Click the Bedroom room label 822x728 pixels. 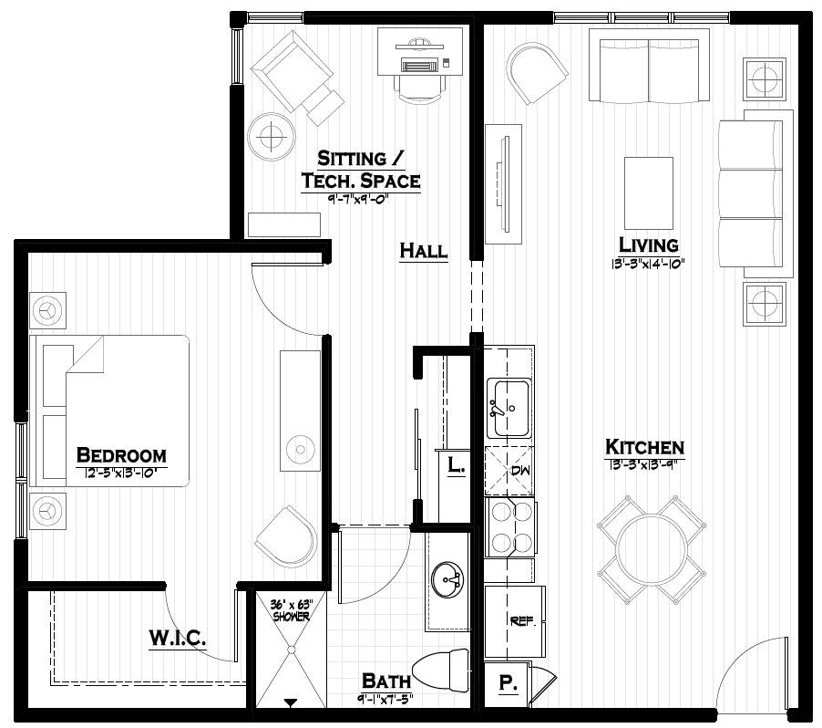(120, 454)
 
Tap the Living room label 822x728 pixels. (648, 244)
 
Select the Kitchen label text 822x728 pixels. (644, 447)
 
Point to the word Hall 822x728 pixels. (424, 251)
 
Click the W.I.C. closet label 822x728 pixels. (177, 637)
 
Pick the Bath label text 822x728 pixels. (385, 681)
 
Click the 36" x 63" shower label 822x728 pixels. (291, 610)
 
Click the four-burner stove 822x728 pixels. (510, 527)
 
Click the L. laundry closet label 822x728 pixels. (456, 465)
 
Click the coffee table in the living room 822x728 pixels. (648, 192)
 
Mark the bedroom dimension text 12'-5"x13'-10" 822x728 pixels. (120, 473)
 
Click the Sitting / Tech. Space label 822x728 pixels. (361, 169)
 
